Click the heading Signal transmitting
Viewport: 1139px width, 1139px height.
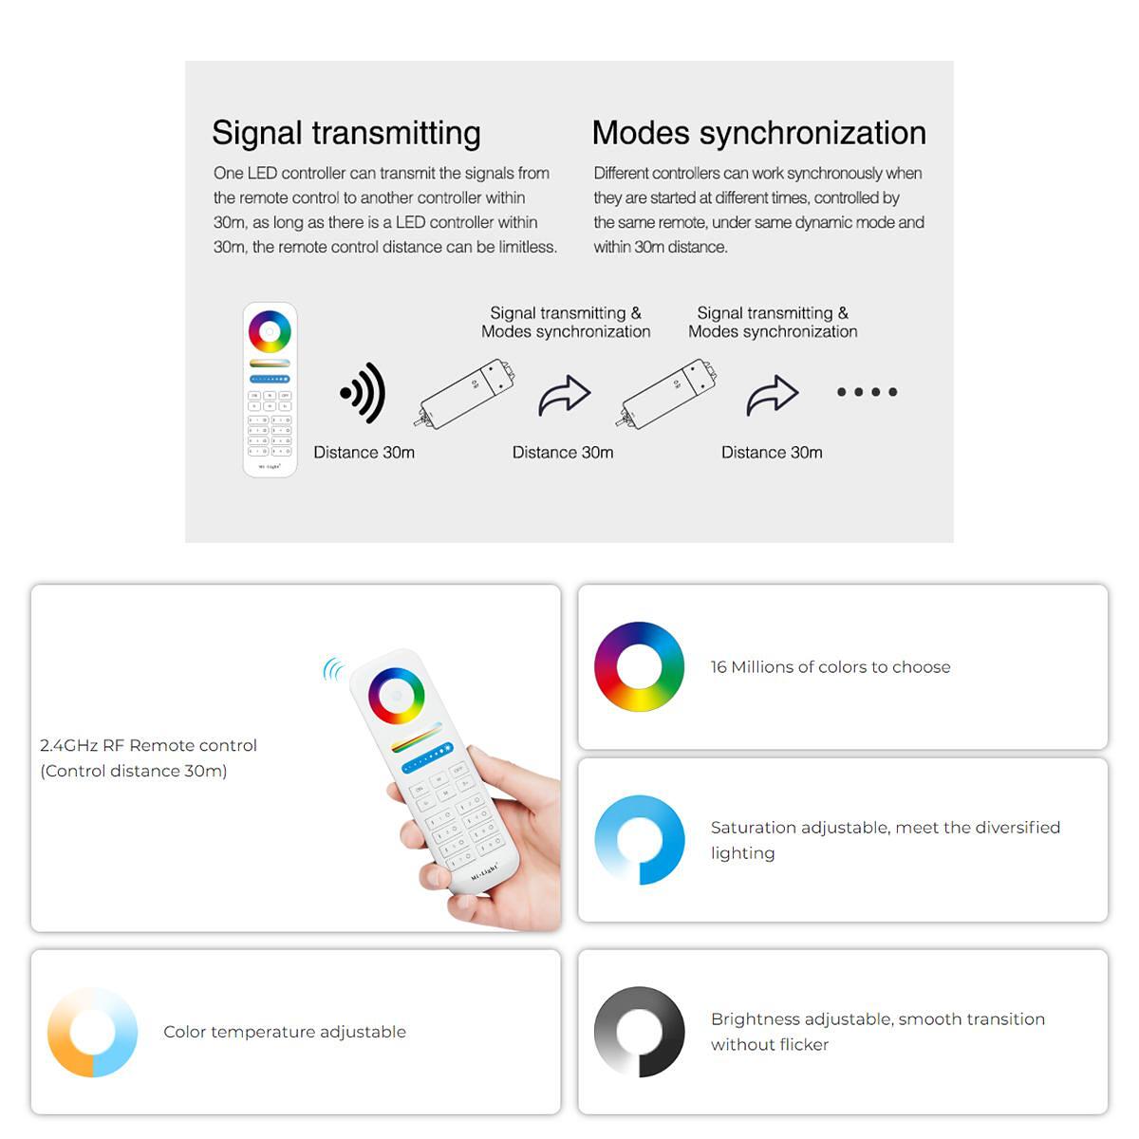[x=345, y=134]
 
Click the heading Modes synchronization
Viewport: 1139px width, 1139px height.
[x=759, y=132]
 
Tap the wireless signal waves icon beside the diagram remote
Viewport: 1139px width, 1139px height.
[x=363, y=393]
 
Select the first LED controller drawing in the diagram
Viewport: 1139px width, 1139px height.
[x=464, y=394]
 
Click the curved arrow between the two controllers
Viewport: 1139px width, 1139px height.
[x=564, y=395]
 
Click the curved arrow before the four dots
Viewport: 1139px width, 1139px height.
[x=772, y=395]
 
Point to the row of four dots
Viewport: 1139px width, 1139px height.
[x=868, y=392]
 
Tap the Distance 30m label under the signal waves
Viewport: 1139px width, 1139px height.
[x=364, y=453]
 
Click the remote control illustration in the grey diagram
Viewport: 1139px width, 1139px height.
[x=271, y=389]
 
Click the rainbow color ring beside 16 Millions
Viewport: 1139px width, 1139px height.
[x=639, y=666]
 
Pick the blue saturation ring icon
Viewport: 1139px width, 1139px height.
[x=639, y=840]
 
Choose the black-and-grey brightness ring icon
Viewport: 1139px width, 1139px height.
[x=639, y=1032]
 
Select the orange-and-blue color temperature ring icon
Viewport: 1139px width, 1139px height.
[x=92, y=1032]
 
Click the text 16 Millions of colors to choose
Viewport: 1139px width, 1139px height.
[x=831, y=667]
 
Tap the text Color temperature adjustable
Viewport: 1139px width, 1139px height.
[x=285, y=1032]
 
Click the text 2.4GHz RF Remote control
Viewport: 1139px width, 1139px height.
[x=148, y=745]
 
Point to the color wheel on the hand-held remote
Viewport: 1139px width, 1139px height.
[x=396, y=696]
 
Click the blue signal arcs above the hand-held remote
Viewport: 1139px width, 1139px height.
[x=333, y=670]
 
